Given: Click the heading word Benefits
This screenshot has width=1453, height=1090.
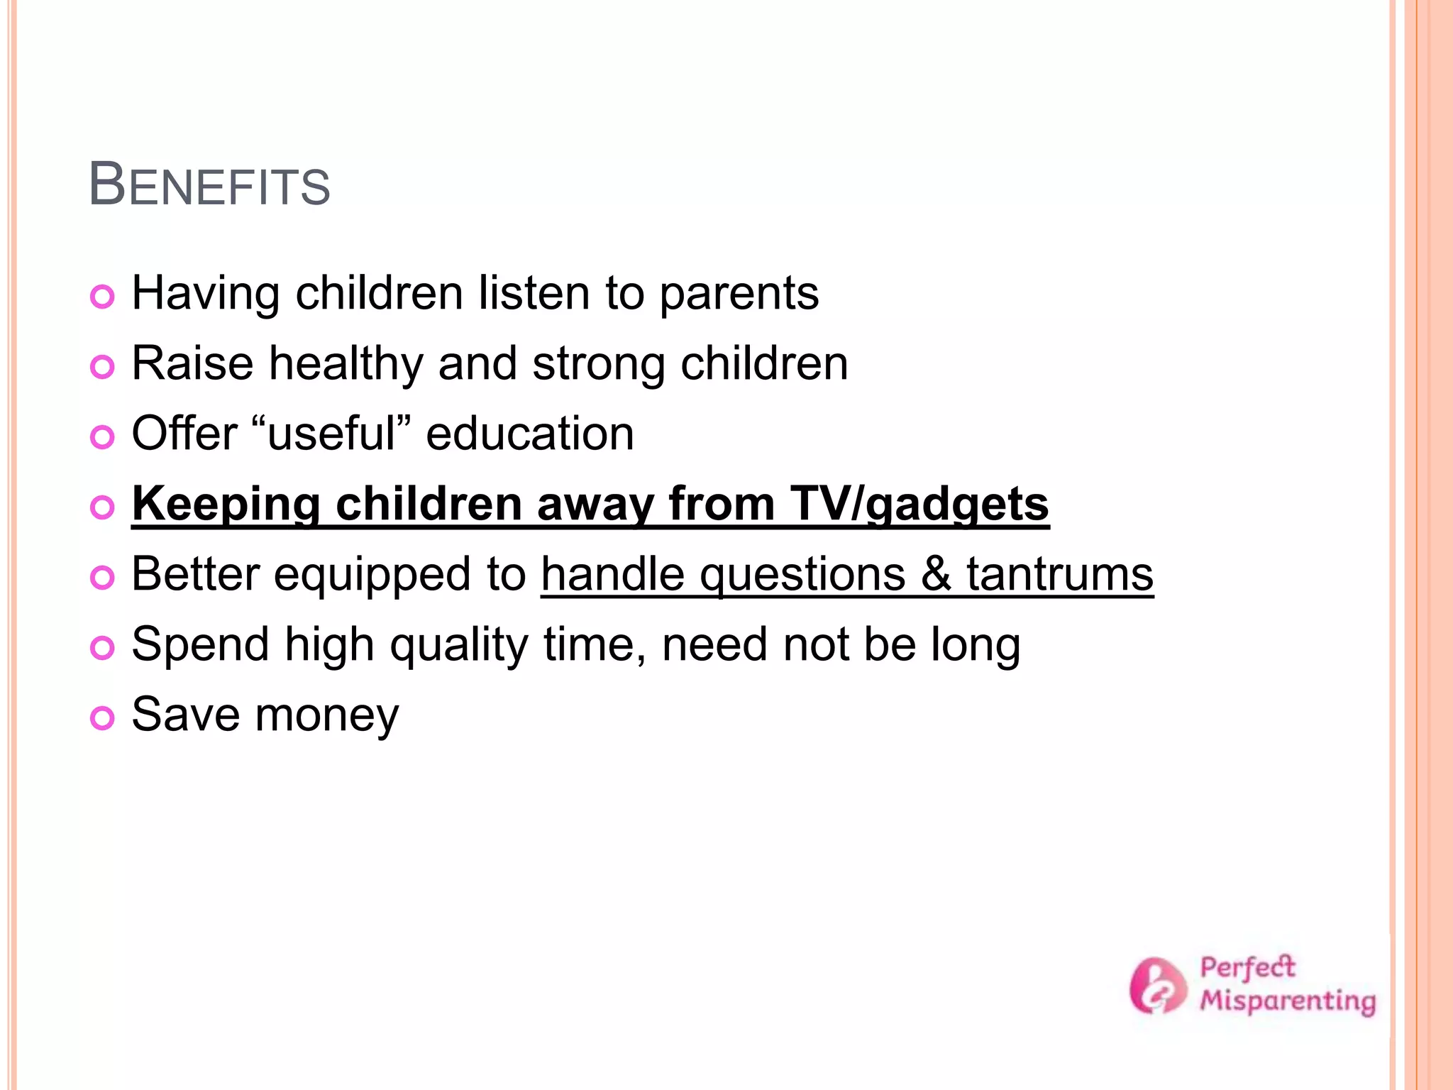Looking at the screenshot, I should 209,185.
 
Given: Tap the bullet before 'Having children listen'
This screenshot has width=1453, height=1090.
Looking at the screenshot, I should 103,297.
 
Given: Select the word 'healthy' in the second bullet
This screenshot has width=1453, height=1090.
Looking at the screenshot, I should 346,363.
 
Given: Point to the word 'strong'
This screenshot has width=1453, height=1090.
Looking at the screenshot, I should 598,365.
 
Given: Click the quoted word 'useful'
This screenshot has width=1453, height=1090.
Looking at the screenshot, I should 331,434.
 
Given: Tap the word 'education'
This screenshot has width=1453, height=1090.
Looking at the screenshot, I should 529,434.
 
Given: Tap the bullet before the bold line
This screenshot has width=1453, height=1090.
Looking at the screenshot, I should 103,507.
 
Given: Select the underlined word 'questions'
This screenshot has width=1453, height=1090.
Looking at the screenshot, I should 802,575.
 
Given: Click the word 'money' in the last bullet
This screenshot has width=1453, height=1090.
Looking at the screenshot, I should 327,715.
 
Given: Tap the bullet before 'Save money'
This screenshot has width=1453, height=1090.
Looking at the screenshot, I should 103,718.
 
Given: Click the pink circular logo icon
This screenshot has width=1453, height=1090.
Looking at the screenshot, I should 1157,986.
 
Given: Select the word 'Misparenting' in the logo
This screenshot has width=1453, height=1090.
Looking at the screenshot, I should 1287,1001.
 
